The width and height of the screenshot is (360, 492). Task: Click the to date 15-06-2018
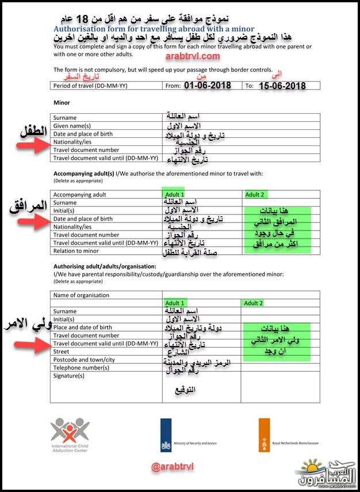tap(282, 86)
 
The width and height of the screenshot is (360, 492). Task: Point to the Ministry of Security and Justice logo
tap(166, 435)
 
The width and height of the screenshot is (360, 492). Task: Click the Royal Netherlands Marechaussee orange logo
tap(265, 435)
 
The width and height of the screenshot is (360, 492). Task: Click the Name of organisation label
tap(81, 295)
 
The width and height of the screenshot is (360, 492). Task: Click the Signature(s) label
tap(69, 376)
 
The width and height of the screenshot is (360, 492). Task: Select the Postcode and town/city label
tap(84, 360)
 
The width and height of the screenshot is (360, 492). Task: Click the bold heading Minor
tap(62, 103)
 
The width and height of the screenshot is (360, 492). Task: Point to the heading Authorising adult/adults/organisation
tap(105, 267)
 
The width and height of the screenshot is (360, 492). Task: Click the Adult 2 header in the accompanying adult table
tap(254, 195)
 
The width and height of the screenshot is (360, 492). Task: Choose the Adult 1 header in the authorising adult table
tap(175, 303)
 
